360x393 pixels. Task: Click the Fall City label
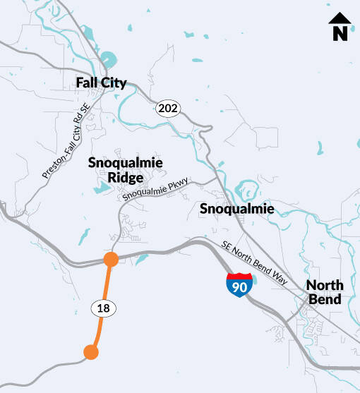(101, 83)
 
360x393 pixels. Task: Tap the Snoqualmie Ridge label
(126, 170)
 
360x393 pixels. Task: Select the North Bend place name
(325, 292)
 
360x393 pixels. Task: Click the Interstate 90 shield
(239, 283)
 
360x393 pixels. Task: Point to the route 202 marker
(169, 108)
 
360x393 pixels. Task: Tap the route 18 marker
(102, 308)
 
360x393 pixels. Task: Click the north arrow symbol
(340, 27)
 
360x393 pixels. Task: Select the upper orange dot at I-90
(110, 260)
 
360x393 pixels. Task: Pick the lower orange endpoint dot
(90, 352)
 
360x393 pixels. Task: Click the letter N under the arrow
(340, 33)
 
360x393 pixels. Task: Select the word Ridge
(126, 177)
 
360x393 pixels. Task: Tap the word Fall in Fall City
(87, 83)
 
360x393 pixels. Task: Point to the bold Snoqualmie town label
(236, 209)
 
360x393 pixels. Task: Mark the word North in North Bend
(325, 285)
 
